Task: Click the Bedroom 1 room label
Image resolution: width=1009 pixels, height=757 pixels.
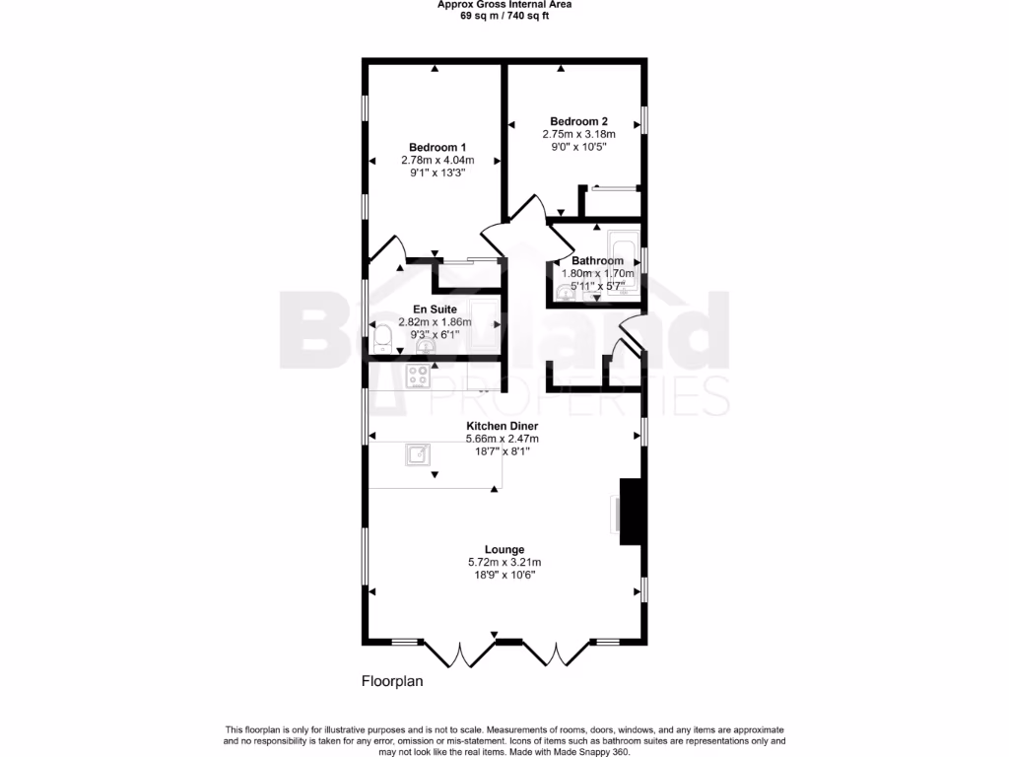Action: [x=437, y=147]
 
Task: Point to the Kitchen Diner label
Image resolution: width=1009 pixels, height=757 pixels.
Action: [x=502, y=426]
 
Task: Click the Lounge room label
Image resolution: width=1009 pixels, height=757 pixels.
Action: [x=504, y=549]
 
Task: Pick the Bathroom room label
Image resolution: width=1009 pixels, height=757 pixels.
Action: [x=597, y=261]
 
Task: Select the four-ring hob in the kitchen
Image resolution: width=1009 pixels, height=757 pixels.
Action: [x=419, y=376]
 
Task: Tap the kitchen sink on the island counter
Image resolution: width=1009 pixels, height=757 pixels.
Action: [x=418, y=454]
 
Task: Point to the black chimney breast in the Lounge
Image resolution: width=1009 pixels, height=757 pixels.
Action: [x=631, y=512]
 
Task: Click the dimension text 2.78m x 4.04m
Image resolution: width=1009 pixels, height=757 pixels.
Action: [x=437, y=160]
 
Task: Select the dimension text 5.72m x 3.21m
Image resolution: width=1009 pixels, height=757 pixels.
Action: [x=504, y=562]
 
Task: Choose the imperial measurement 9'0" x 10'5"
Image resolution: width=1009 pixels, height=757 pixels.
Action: [x=578, y=147]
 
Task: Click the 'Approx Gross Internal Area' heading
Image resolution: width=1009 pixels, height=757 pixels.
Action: [x=504, y=4]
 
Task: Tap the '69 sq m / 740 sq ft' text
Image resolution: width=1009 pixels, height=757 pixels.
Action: [x=504, y=16]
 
